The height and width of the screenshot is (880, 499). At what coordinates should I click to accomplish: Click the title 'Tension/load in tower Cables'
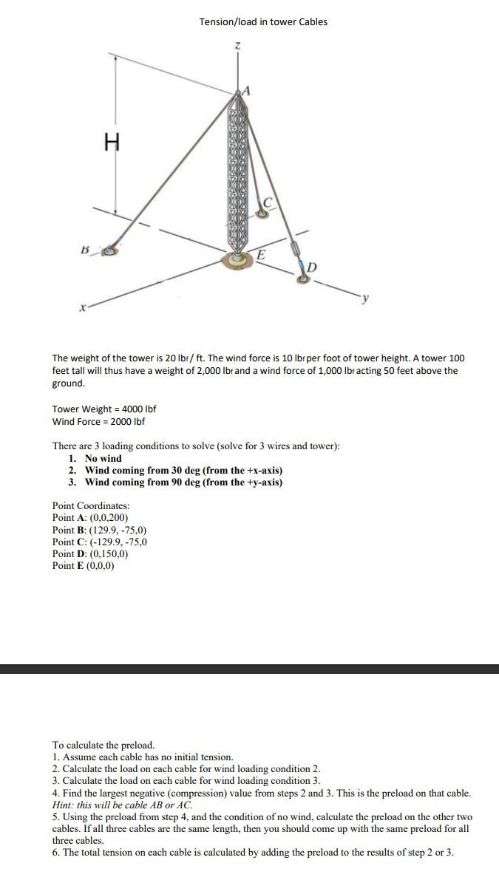(263, 21)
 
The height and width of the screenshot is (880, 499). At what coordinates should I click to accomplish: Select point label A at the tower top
(248, 91)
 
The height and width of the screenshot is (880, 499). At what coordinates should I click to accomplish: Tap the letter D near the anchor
(311, 265)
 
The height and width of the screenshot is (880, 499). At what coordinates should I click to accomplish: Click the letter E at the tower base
(262, 253)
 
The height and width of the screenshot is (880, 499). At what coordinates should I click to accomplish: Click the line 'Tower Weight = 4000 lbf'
(103, 409)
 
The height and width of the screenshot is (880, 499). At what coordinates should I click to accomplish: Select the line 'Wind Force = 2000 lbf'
(98, 421)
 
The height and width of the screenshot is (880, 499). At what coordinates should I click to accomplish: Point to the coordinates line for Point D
(91, 553)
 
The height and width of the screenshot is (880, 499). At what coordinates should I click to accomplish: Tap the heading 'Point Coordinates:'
(91, 505)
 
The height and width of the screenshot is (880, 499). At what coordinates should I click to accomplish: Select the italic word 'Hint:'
(66, 804)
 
